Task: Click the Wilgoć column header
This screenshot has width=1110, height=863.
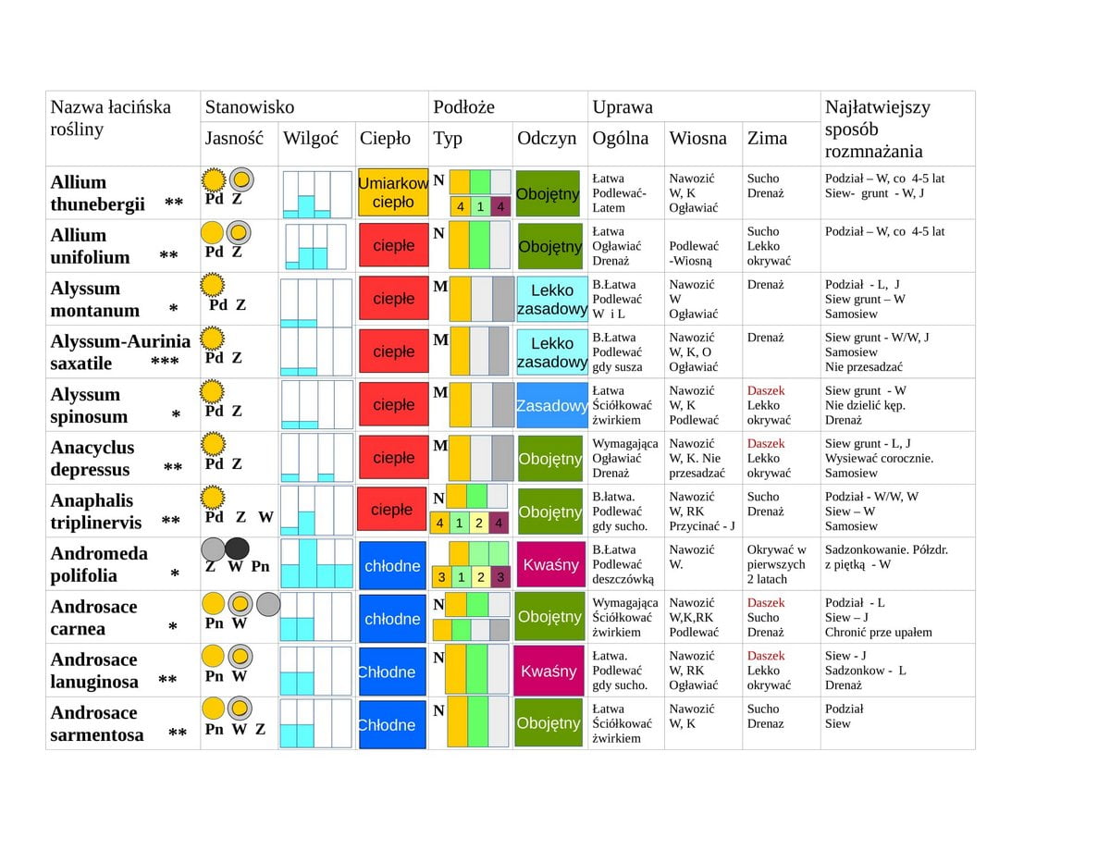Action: pyautogui.click(x=311, y=139)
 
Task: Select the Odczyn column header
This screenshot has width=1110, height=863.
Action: pyautogui.click(x=547, y=138)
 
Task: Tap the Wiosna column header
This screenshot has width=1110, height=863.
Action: pyautogui.click(x=697, y=138)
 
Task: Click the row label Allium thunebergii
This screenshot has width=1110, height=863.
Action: pyautogui.click(x=97, y=193)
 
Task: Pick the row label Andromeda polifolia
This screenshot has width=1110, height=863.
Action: pyautogui.click(x=99, y=564)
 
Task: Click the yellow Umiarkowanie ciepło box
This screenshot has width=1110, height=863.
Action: pyautogui.click(x=393, y=192)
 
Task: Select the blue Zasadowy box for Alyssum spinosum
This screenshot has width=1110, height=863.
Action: pyautogui.click(x=551, y=405)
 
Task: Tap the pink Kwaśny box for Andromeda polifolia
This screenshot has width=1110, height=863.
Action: pyautogui.click(x=550, y=564)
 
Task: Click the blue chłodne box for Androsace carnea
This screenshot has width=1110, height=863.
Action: pyautogui.click(x=392, y=619)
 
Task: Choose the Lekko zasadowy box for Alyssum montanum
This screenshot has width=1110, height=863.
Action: pyautogui.click(x=551, y=300)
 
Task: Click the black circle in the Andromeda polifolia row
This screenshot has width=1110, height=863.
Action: pyautogui.click(x=237, y=549)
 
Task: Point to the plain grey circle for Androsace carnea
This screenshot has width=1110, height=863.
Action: pyautogui.click(x=268, y=604)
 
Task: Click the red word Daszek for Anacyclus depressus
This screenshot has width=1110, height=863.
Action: pyautogui.click(x=765, y=443)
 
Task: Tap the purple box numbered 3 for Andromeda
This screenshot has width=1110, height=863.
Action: pyautogui.click(x=500, y=576)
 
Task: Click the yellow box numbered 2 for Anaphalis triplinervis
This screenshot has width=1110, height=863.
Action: pyautogui.click(x=478, y=523)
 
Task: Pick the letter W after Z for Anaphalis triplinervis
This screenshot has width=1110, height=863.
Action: pyautogui.click(x=265, y=517)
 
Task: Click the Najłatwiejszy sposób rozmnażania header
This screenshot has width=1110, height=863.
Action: pyautogui.click(x=878, y=129)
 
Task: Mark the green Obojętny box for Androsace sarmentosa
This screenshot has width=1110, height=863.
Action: pyautogui.click(x=549, y=722)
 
